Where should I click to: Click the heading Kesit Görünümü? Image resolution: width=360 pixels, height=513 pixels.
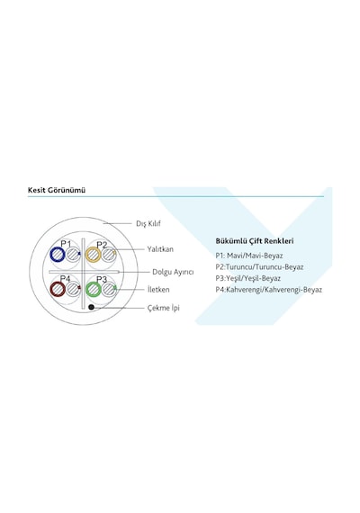[57, 190]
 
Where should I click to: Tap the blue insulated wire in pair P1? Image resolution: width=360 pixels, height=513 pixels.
[51, 255]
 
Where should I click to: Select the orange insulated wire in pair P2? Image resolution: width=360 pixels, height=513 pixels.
[87, 255]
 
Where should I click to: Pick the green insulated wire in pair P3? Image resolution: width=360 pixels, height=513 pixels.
[87, 289]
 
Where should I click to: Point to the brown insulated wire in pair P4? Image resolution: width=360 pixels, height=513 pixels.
[51, 289]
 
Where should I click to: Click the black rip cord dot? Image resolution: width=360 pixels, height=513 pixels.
[91, 307]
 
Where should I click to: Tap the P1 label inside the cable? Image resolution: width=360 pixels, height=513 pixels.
[66, 243]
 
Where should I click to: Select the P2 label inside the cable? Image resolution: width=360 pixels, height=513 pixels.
[102, 245]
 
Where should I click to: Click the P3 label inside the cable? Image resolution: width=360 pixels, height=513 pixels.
[102, 279]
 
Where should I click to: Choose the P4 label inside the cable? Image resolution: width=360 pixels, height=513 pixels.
[65, 278]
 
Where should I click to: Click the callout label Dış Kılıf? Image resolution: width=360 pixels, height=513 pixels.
[148, 224]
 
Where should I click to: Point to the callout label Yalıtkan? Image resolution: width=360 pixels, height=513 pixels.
[160, 249]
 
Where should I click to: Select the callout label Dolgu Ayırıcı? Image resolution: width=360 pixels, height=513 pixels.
[173, 272]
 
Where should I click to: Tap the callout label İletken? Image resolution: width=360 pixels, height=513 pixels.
[158, 290]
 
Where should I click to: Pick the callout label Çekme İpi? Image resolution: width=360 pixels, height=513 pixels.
[163, 308]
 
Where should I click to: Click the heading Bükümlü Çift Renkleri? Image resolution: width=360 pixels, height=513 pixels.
[255, 241]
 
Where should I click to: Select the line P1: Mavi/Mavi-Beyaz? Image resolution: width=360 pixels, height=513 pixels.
[248, 256]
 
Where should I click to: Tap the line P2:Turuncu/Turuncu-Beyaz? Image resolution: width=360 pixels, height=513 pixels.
[259, 267]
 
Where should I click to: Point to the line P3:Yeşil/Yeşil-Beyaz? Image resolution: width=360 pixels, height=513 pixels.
[247, 278]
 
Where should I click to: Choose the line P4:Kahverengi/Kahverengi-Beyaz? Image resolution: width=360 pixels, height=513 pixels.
[269, 290]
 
